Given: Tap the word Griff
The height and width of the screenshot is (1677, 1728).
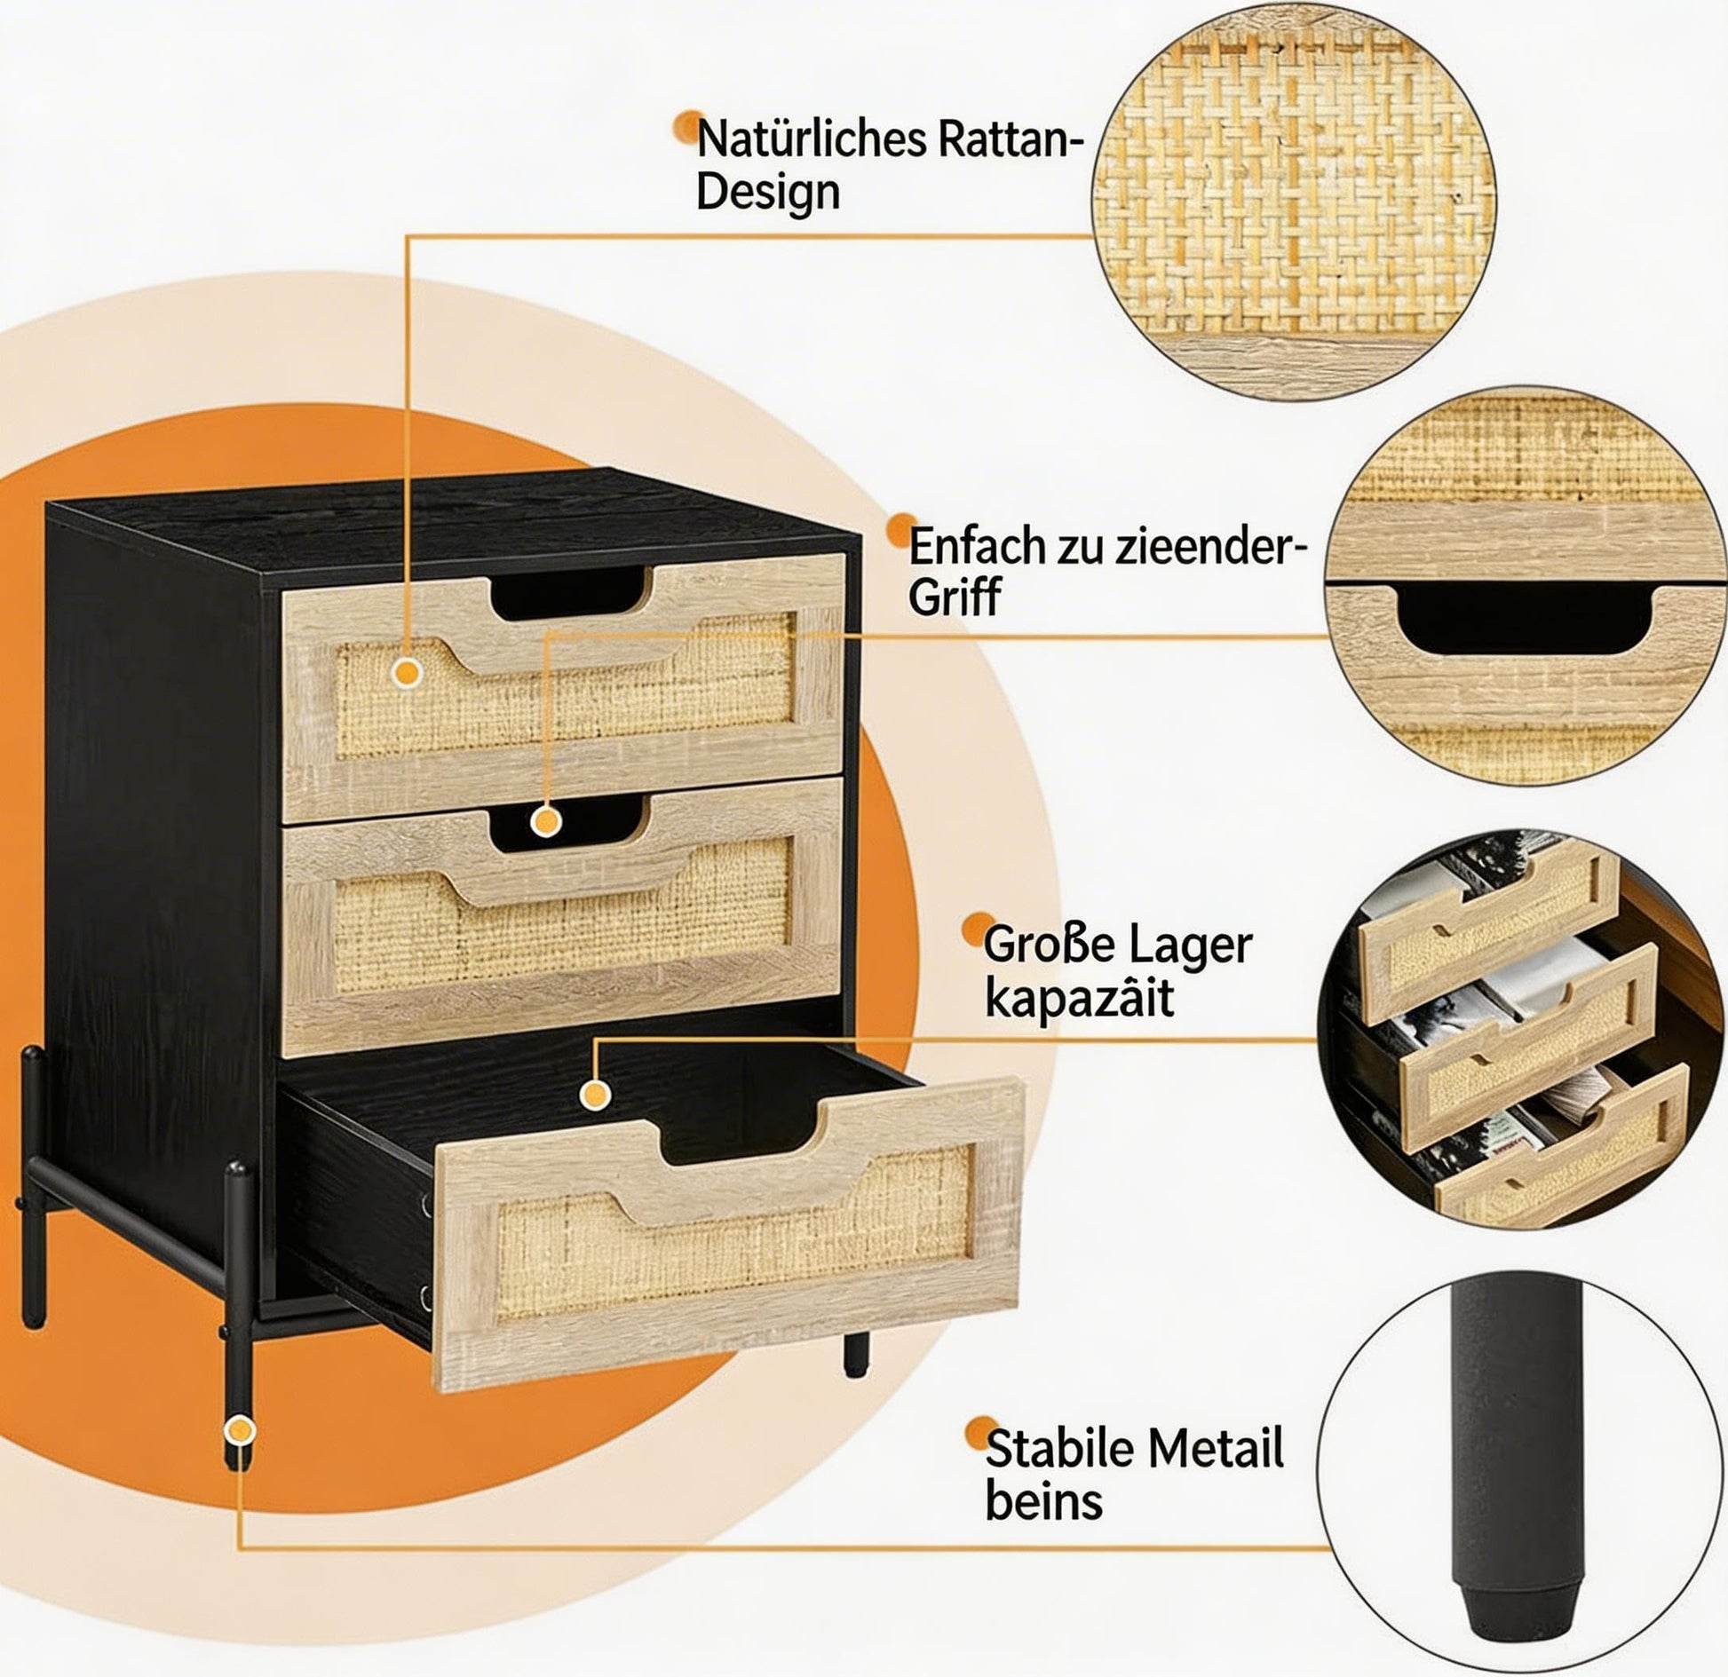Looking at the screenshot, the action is tap(955, 597).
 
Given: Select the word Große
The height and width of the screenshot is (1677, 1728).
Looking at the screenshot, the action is tap(1050, 945).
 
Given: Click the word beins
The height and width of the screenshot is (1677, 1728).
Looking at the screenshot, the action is tap(1044, 1501).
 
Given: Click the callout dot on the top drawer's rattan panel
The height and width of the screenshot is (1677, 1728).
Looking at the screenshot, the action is tap(408, 673).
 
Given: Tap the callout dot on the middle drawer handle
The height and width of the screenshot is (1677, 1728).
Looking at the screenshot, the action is tap(546, 821).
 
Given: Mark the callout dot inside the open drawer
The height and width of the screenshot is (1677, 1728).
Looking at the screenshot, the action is tap(594, 1094).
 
